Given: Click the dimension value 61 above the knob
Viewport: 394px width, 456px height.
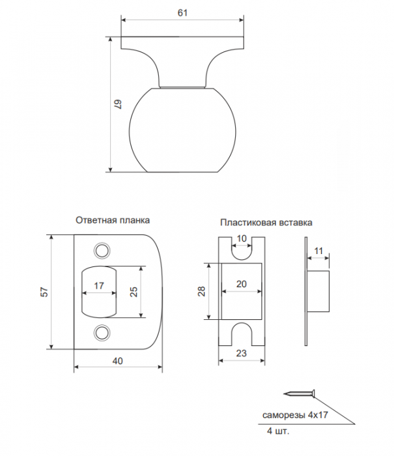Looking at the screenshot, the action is [x=182, y=13].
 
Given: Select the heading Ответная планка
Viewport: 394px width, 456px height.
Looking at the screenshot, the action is [x=113, y=220].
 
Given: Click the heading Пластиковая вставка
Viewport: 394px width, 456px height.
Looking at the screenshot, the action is [x=266, y=223].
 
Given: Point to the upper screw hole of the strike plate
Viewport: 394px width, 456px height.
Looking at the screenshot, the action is [x=102, y=250].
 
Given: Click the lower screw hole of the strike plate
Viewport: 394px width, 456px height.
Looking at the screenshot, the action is [x=102, y=332].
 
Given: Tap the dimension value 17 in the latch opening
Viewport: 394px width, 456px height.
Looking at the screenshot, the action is [x=99, y=286].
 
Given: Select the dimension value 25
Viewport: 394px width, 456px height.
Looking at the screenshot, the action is [x=134, y=292].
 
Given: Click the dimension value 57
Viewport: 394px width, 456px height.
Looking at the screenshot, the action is [x=44, y=292].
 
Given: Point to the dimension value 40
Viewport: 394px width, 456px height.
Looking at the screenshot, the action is [x=117, y=361].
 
